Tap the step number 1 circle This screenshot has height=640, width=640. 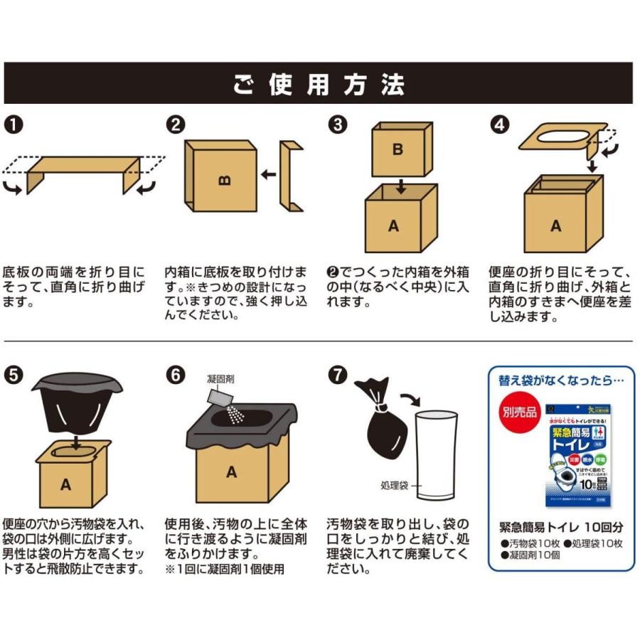tap(15, 124)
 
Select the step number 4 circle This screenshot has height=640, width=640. tap(501, 124)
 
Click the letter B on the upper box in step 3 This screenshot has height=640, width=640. tap(398, 150)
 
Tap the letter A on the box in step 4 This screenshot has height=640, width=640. tap(556, 225)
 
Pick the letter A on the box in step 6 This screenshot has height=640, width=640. tap(231, 471)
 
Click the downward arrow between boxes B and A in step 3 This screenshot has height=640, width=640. tap(400, 186)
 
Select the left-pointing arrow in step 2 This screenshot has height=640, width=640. tap(268, 174)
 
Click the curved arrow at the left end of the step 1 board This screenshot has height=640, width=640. tap(14, 187)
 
